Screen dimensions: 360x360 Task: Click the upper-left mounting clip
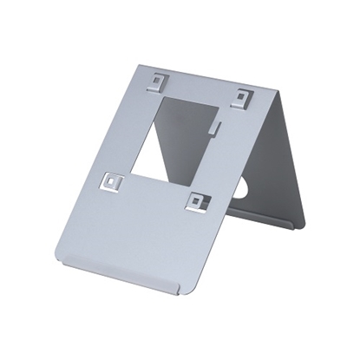[157, 83]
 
